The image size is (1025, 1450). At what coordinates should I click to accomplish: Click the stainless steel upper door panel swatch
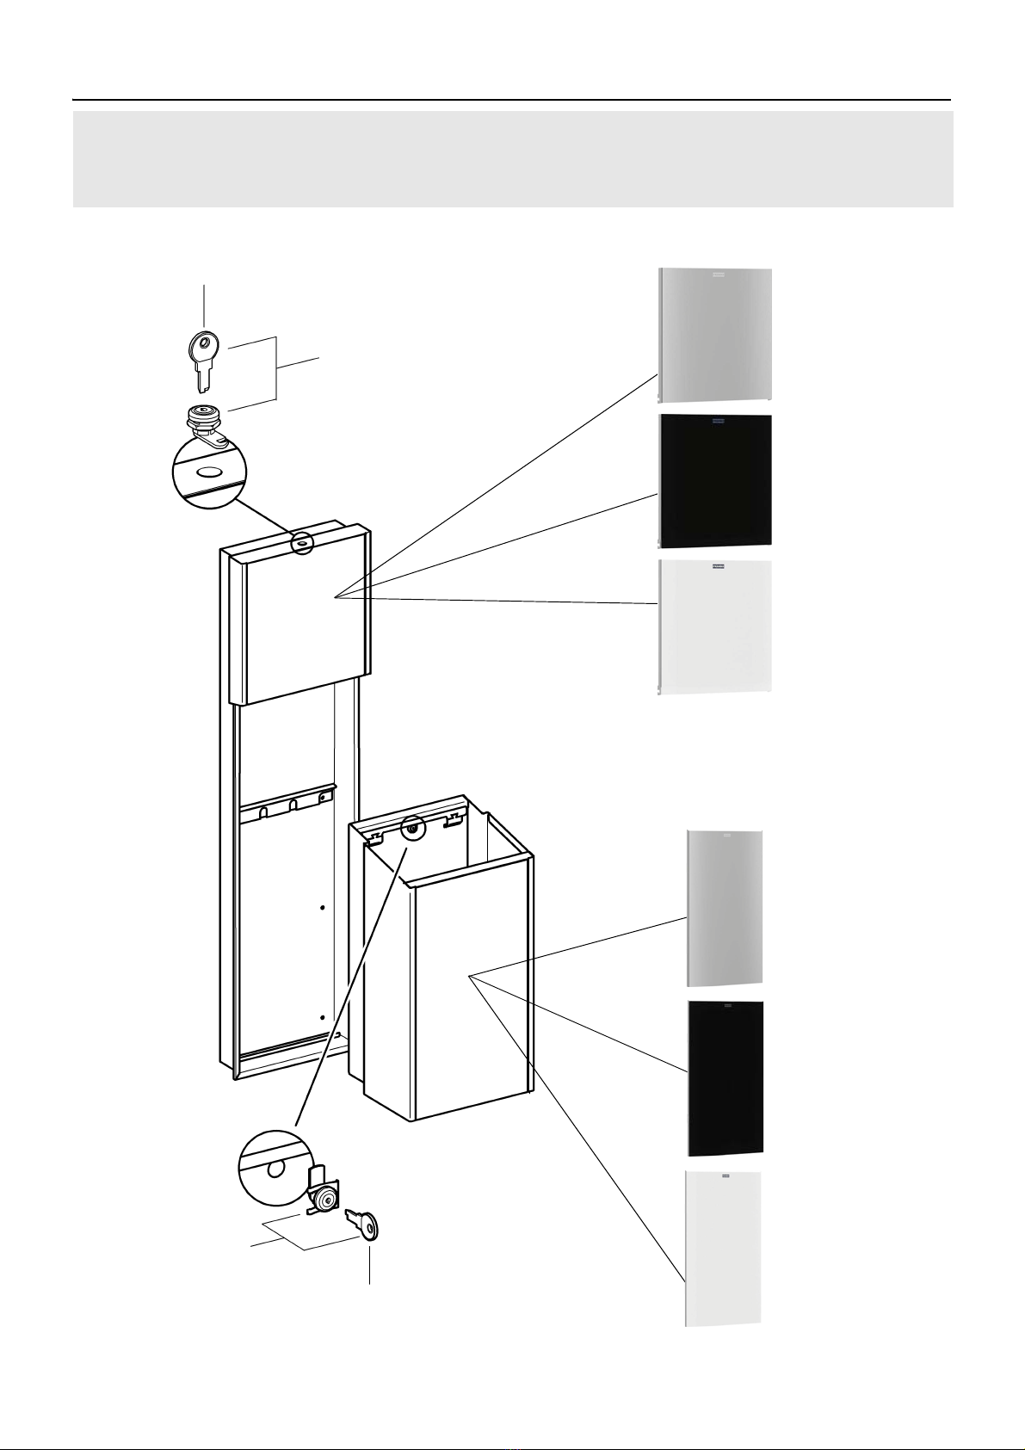pos(714,335)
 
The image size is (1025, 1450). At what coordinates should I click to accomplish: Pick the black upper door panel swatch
pos(714,481)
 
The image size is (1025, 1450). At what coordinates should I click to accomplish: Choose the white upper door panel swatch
pos(714,627)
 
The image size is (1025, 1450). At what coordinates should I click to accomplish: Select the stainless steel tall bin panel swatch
pos(725,908)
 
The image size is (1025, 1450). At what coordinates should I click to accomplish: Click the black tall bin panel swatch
pos(725,1078)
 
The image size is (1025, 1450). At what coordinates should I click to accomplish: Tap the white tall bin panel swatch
pos(723,1248)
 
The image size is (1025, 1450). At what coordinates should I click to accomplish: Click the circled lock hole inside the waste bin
pos(413,829)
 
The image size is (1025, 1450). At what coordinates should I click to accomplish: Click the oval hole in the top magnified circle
pos(209,472)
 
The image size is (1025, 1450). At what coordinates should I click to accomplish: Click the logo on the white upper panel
pos(714,568)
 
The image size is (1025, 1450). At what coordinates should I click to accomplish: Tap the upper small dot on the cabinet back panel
pos(322,908)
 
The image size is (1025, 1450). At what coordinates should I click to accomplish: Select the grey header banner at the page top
pos(513,159)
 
